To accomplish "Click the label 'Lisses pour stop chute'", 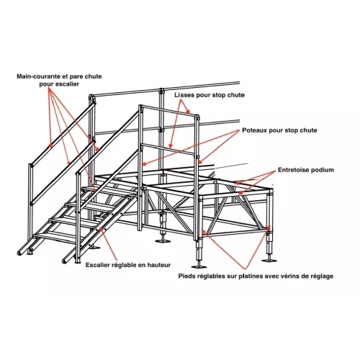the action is click(x=210, y=95).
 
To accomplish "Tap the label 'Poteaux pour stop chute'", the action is click(x=279, y=130).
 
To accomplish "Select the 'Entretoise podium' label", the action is click(x=306, y=170).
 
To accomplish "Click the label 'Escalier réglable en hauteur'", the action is click(x=128, y=265).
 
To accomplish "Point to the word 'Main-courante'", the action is click(x=38, y=76).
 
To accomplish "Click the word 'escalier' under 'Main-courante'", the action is click(x=68, y=84).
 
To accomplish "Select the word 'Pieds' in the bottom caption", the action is click(x=186, y=276).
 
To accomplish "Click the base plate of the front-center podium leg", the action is click(x=199, y=266).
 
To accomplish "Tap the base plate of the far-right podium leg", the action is click(x=269, y=260).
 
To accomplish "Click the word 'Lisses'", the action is click(x=184, y=95).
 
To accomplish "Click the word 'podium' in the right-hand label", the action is click(x=323, y=170).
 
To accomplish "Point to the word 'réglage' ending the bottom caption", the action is click(x=322, y=276).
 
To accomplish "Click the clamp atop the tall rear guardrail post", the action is click(x=161, y=91).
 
